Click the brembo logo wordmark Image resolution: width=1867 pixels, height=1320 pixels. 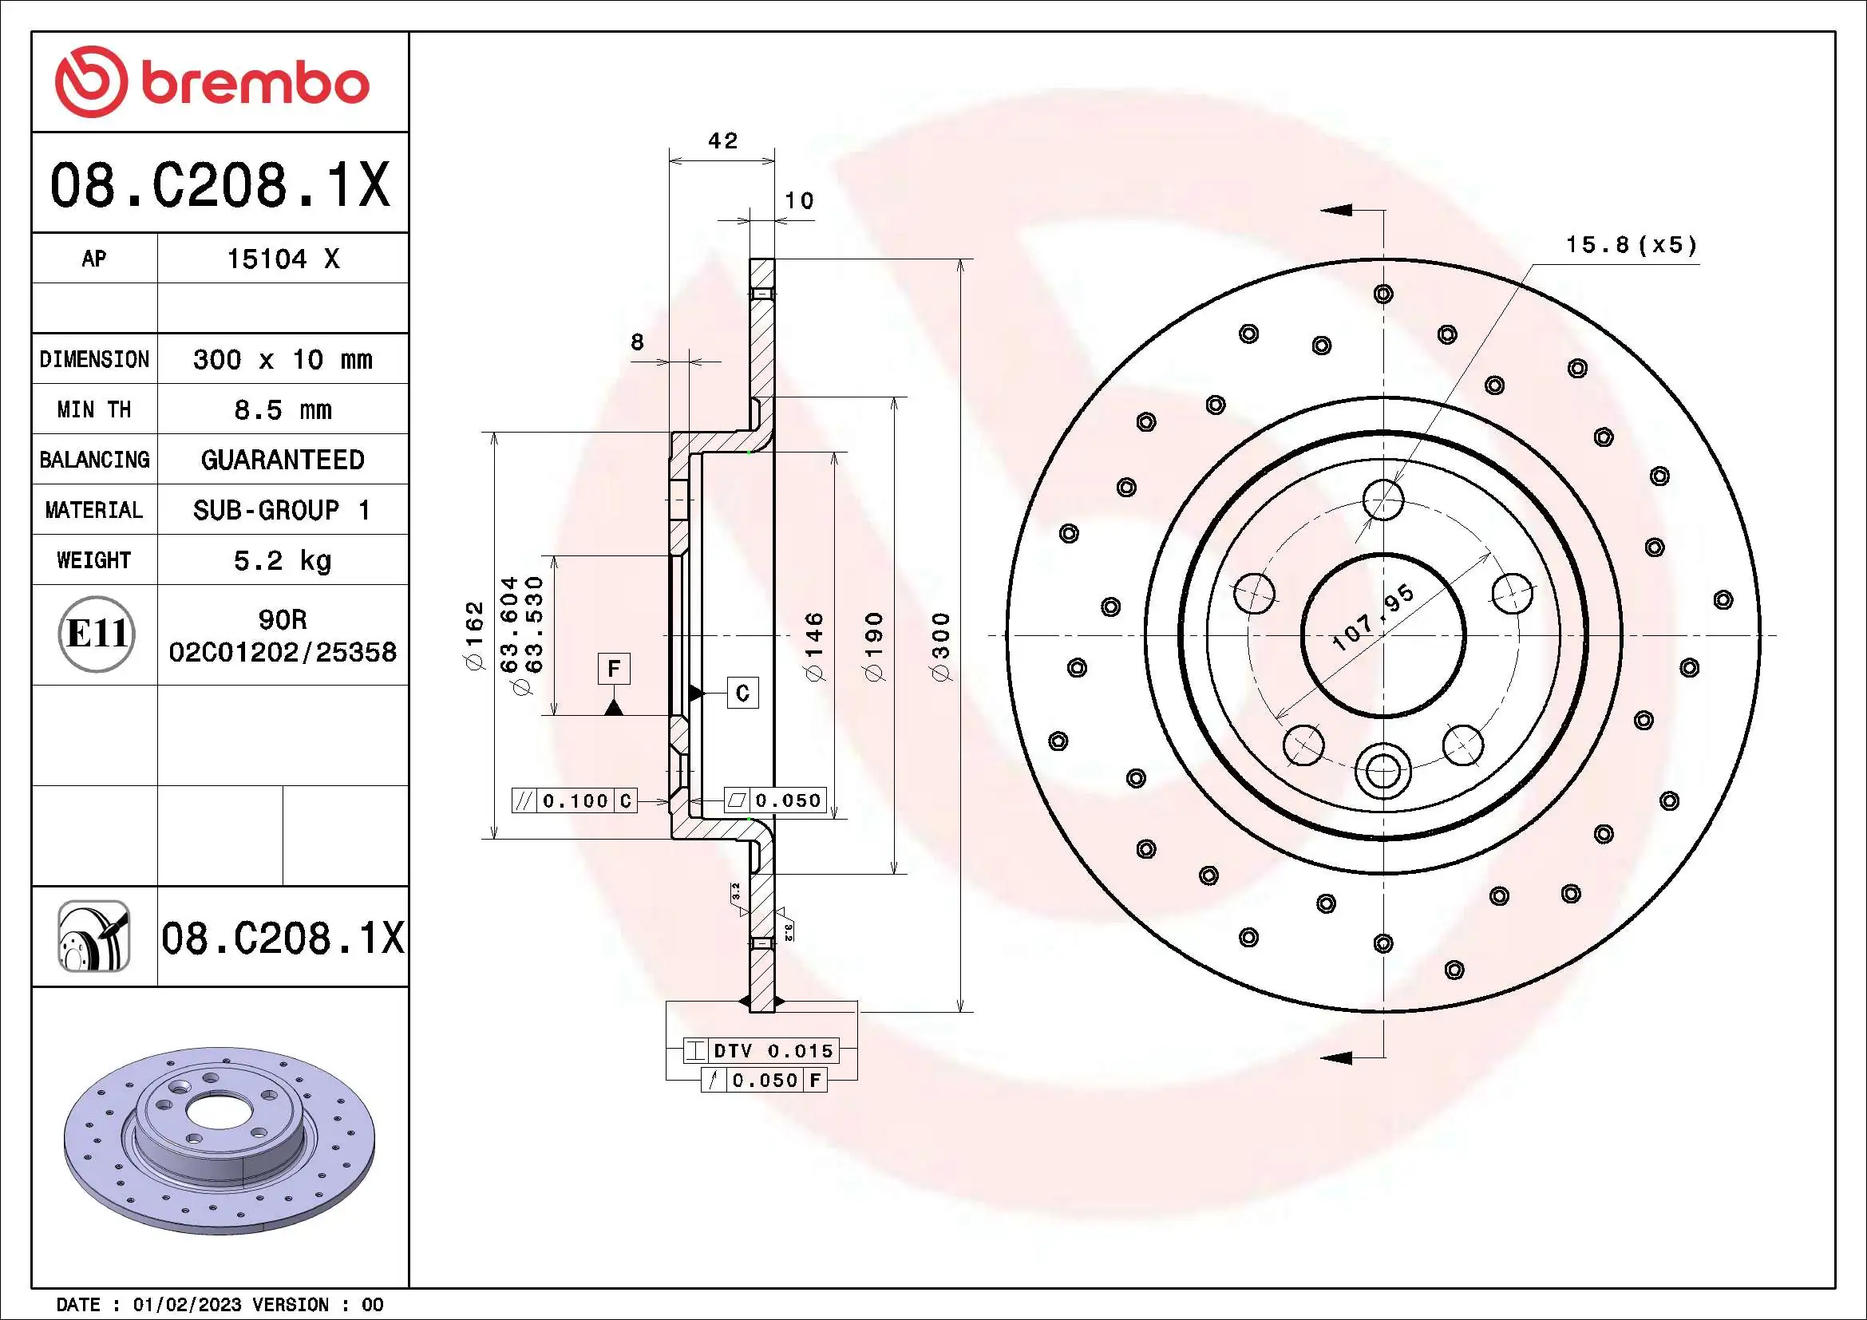tap(213, 83)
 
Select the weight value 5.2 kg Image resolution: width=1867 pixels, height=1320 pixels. tap(282, 560)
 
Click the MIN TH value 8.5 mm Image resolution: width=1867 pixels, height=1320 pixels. tap(282, 409)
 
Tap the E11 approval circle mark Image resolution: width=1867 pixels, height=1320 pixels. tap(96, 634)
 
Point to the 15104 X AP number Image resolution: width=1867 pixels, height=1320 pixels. tap(282, 259)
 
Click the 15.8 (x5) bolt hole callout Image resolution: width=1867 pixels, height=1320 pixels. tap(1631, 245)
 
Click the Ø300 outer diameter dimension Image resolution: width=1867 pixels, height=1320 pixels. tap(941, 647)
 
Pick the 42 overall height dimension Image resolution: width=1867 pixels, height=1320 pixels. tap(722, 141)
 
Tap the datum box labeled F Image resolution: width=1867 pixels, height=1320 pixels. tap(614, 669)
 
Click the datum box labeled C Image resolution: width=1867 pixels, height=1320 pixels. tap(742, 693)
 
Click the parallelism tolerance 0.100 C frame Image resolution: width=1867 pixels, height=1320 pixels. tap(574, 800)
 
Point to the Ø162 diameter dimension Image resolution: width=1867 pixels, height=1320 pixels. tap(474, 635)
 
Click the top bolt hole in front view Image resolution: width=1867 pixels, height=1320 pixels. tap(1383, 498)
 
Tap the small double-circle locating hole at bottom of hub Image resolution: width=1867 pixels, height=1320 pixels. tap(1383, 769)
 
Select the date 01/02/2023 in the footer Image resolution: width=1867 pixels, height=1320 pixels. tap(187, 1306)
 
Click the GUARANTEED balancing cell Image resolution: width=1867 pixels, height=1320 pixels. tap(282, 460)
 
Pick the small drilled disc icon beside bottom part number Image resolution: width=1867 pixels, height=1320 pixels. tap(94, 936)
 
